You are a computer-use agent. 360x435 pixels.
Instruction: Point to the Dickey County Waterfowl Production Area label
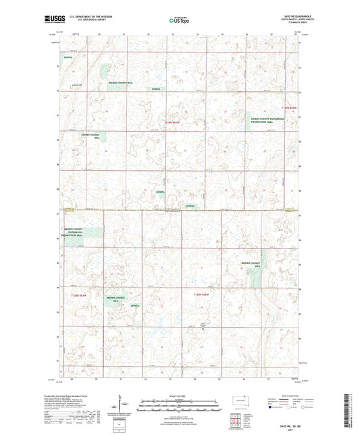coord(269,120)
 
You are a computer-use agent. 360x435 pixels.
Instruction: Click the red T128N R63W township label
coord(80,295)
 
